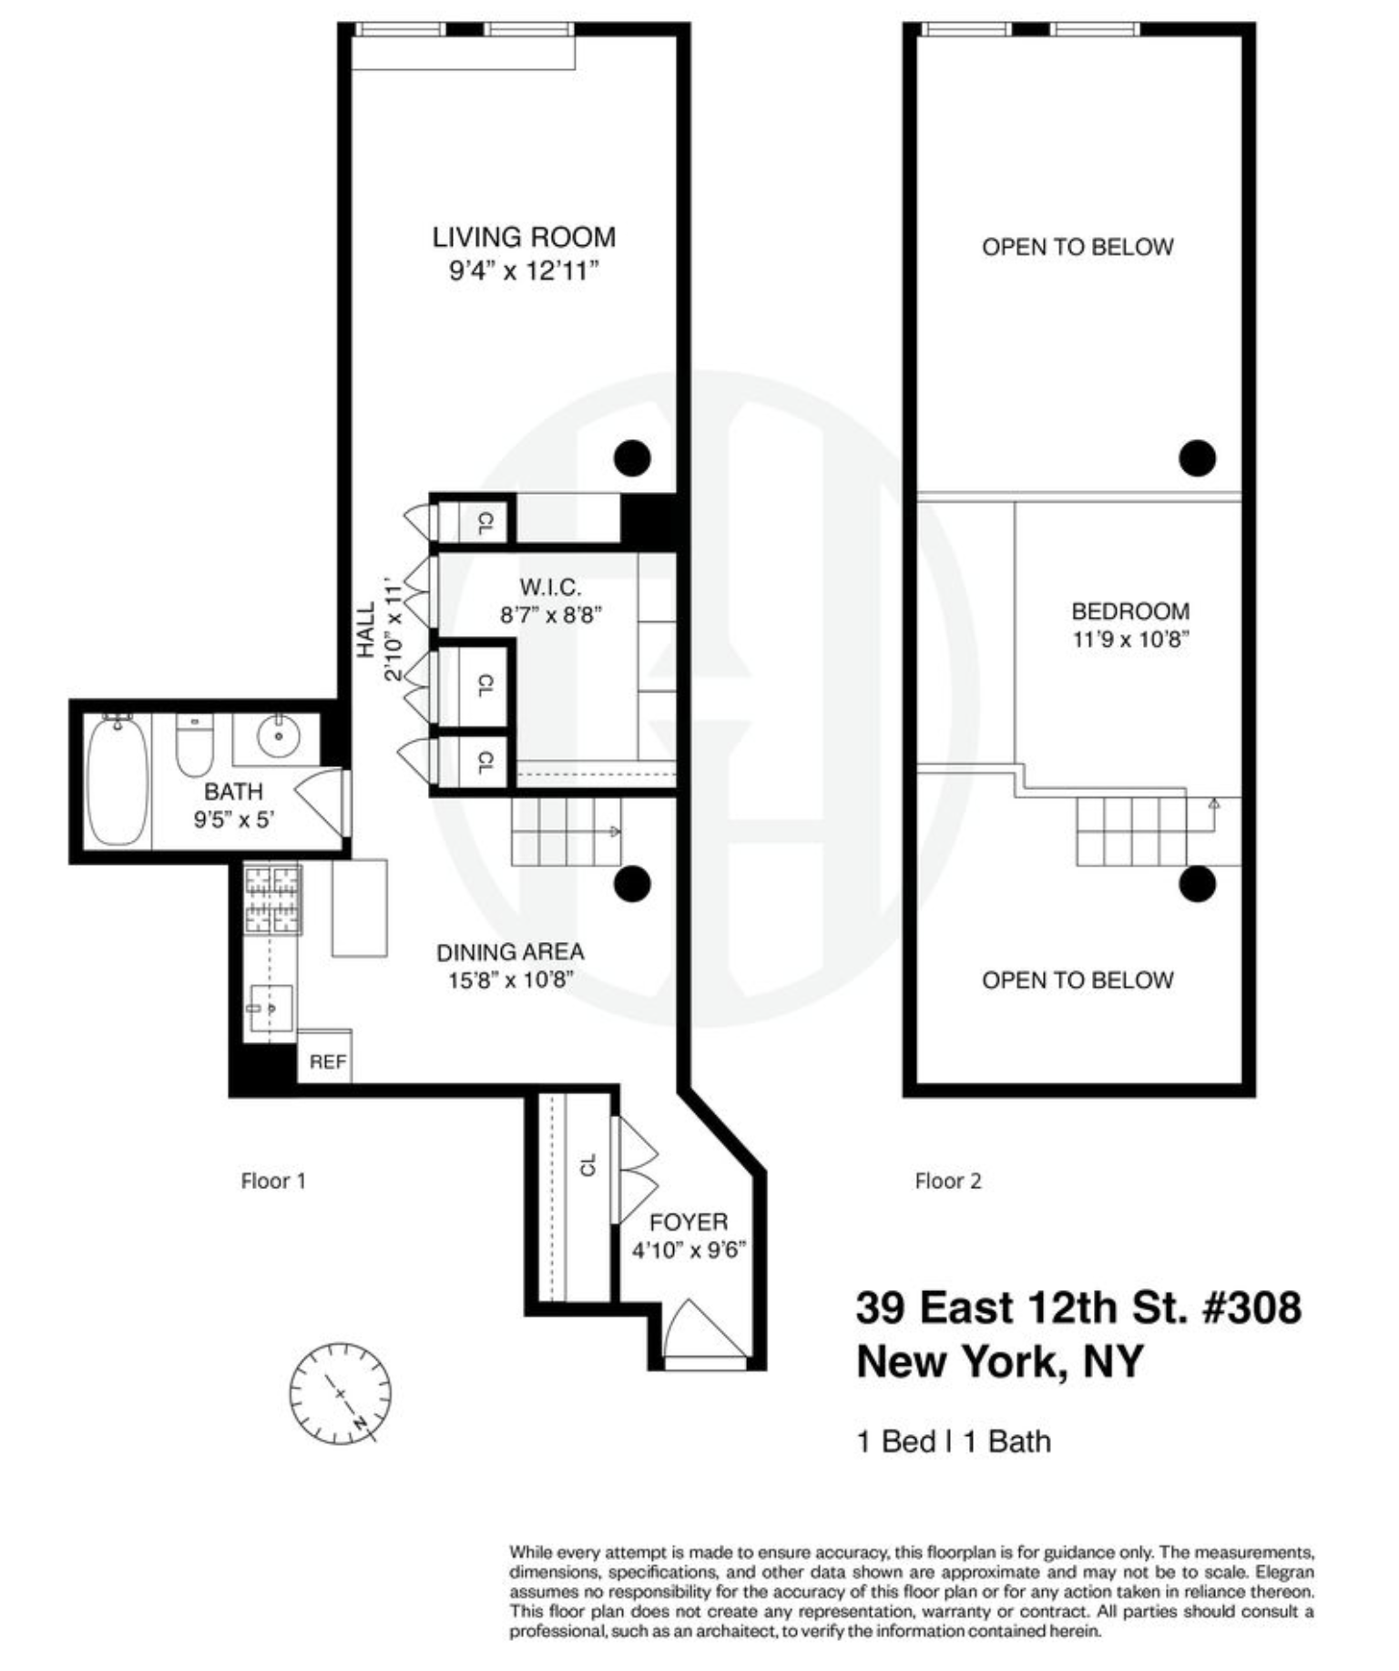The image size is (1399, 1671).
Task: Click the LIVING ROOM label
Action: (524, 237)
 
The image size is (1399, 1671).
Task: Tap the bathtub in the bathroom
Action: (117, 781)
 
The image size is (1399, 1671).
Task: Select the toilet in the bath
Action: (193, 744)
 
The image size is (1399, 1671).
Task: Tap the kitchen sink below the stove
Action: (271, 1008)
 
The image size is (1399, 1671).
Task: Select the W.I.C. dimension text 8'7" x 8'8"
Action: (551, 615)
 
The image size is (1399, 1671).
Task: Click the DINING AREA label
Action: (510, 952)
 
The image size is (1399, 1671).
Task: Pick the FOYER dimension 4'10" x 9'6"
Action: (689, 1249)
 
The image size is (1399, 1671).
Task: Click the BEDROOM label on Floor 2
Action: (1129, 610)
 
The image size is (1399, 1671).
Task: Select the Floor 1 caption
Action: (273, 1181)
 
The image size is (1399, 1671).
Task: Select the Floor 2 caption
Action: (948, 1181)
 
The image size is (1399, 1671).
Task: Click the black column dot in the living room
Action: (632, 457)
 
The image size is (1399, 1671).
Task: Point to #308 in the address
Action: (1252, 1307)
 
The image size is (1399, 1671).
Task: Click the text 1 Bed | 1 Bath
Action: (954, 1441)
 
